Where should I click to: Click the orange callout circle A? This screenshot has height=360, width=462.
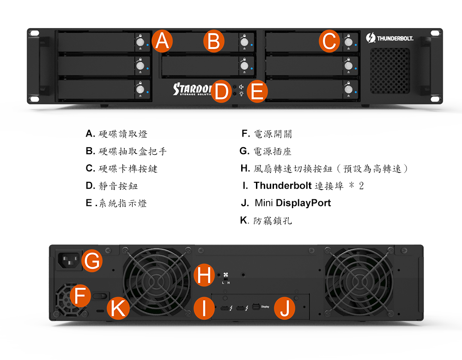click(x=162, y=41)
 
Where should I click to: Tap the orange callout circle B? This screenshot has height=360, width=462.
click(x=214, y=41)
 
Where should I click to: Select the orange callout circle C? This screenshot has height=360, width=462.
click(x=329, y=41)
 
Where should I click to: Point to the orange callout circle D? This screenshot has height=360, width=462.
click(x=221, y=91)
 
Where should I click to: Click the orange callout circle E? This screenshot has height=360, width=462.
click(x=257, y=91)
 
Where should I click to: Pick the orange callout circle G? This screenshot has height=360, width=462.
click(x=92, y=260)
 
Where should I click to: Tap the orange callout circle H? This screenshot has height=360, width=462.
click(x=204, y=275)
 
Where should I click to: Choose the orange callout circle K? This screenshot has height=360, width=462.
click(x=118, y=308)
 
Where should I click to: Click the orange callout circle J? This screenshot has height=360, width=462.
click(x=285, y=308)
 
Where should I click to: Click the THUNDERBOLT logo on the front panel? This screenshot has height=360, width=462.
click(x=389, y=38)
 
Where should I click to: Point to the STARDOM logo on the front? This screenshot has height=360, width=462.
click(x=192, y=89)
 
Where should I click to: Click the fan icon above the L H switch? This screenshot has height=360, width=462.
click(x=226, y=275)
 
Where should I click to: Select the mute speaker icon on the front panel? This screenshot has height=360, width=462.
click(x=241, y=87)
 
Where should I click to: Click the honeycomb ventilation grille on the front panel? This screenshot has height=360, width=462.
click(x=390, y=71)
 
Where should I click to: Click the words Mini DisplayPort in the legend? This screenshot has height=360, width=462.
click(x=292, y=203)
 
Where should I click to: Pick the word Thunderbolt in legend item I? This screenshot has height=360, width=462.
click(x=283, y=186)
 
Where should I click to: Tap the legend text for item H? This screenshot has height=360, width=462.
click(x=330, y=168)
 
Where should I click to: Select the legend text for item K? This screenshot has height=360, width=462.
click(x=273, y=221)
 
